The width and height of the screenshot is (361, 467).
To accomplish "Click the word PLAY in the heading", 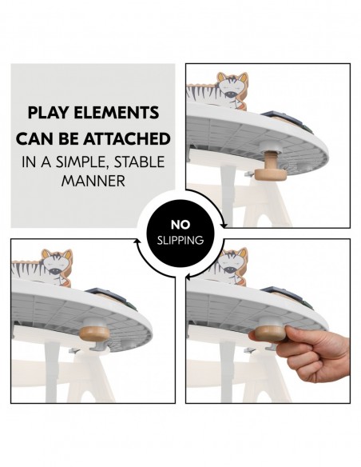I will (x=48, y=113).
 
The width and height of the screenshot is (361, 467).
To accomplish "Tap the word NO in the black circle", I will (x=180, y=226).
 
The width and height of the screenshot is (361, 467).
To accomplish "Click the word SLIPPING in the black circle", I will (x=180, y=241).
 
